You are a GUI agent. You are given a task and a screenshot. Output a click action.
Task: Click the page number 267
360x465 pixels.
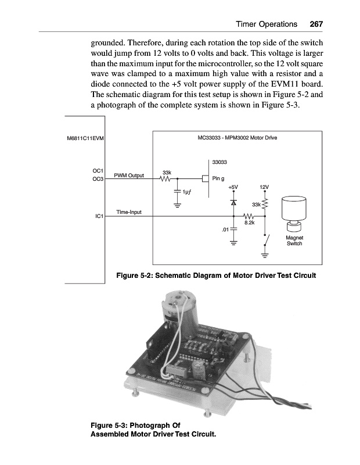pyautogui.click(x=316, y=24)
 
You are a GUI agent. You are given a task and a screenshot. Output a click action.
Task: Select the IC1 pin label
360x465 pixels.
pyautogui.click(x=99, y=216)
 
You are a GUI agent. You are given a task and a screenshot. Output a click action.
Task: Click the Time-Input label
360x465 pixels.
pyautogui.click(x=129, y=212)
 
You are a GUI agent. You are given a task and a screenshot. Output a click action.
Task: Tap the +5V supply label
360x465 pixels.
pyautogui.click(x=233, y=187)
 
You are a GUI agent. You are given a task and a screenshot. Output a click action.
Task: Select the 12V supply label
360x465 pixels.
pyautogui.click(x=265, y=187)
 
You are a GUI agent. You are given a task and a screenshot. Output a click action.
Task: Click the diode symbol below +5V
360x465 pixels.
pyautogui.click(x=233, y=203)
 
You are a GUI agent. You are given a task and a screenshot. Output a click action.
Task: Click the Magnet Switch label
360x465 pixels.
pyautogui.click(x=295, y=240)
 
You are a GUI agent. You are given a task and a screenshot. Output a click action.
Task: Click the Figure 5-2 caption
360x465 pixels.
pyautogui.click(x=216, y=275)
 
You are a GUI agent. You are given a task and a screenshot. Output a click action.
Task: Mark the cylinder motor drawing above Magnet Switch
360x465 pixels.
pyautogui.click(x=294, y=212)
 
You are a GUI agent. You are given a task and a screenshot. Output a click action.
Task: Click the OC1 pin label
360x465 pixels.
pyautogui.click(x=98, y=171)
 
